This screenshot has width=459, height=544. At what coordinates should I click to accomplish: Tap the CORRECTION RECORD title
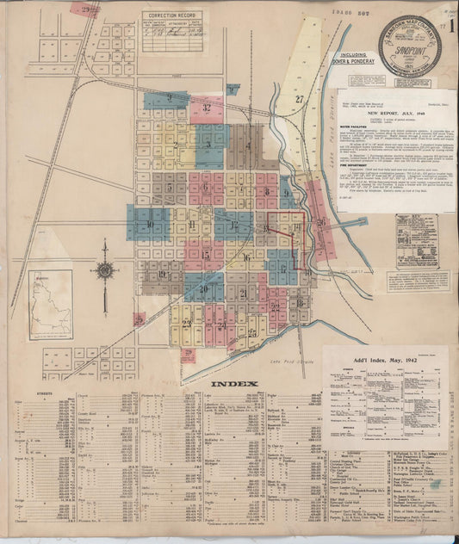click(172, 15)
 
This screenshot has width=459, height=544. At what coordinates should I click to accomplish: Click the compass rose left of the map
click(105, 271)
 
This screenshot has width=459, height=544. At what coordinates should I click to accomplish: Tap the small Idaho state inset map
click(50, 305)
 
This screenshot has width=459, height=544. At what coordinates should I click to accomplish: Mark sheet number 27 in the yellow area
click(300, 100)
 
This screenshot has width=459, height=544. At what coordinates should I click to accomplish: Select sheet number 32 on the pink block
click(207, 108)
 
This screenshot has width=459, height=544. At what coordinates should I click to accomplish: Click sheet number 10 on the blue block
click(149, 225)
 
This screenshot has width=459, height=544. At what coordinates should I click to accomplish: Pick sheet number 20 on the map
click(204, 289)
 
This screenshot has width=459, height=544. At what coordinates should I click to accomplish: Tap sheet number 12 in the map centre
click(234, 226)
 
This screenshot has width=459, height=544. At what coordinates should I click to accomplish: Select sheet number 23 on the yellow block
click(187, 325)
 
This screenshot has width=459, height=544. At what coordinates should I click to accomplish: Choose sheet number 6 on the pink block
click(205, 188)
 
